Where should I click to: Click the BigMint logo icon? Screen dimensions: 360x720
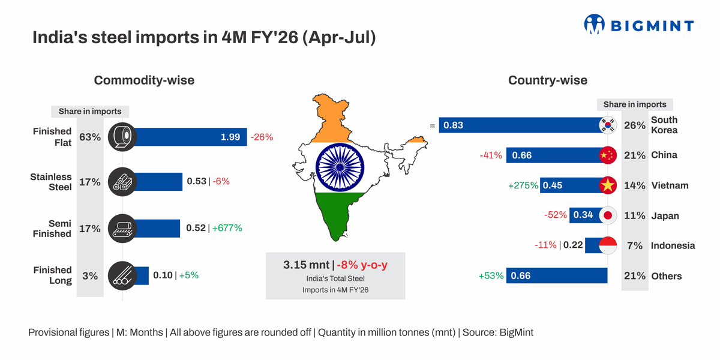(x=594, y=24)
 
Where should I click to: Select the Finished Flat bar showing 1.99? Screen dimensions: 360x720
(x=191, y=137)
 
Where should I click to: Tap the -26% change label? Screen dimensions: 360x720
(x=262, y=137)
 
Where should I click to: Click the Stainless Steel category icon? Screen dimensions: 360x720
(x=122, y=181)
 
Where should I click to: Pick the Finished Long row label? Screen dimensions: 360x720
(x=52, y=275)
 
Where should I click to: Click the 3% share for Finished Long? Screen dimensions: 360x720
(x=90, y=276)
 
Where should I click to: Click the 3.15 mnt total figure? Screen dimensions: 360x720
(x=306, y=265)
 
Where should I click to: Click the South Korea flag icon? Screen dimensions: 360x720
(x=608, y=125)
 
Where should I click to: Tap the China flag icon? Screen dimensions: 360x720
(x=608, y=155)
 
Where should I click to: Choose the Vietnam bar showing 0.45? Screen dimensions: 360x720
(x=570, y=185)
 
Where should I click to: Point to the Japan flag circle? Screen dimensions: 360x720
(x=608, y=215)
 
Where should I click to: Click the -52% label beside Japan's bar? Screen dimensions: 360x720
(x=555, y=215)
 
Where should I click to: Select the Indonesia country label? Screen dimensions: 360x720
(x=673, y=245)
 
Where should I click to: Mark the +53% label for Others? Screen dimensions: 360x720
(x=491, y=275)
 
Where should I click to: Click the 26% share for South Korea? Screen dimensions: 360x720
(x=635, y=125)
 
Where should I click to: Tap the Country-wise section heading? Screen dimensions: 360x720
(x=547, y=80)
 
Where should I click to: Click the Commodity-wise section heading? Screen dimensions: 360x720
(x=144, y=80)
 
